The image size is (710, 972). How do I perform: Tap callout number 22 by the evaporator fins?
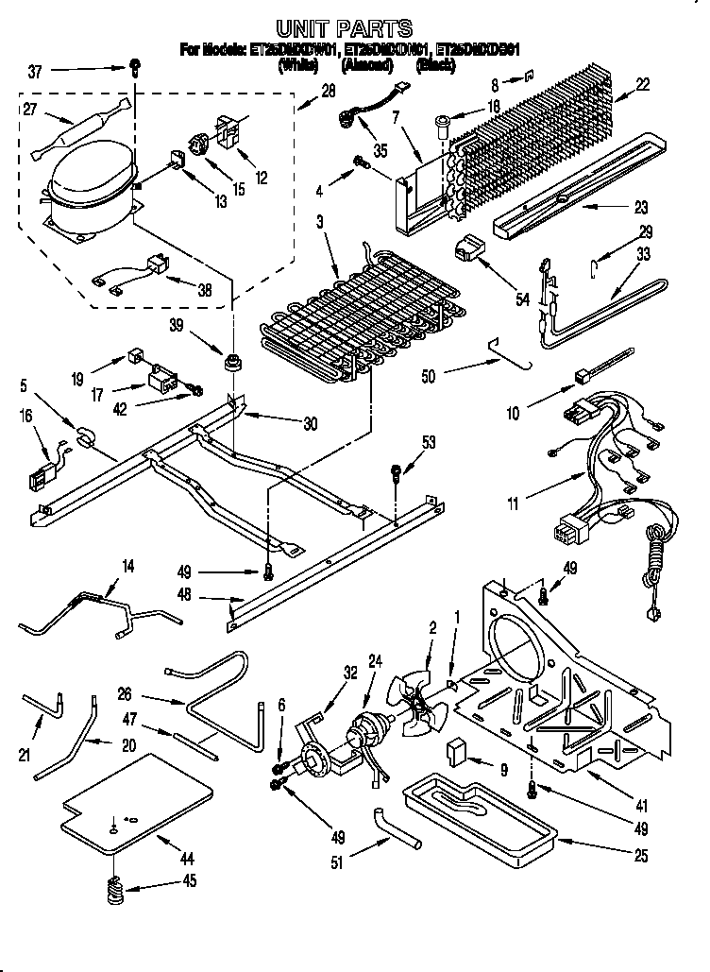tap(642, 84)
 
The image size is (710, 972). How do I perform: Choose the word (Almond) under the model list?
tap(367, 66)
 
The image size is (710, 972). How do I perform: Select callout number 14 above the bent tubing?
tap(127, 566)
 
